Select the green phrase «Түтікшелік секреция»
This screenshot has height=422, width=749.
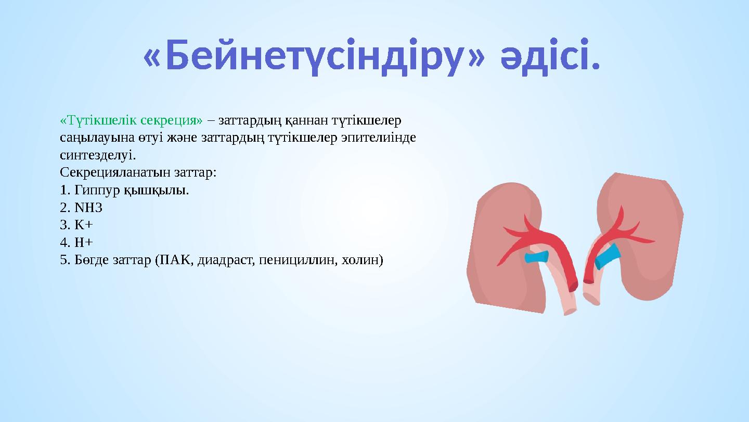point(131,121)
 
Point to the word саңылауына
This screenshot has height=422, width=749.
point(97,138)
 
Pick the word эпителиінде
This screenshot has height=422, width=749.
point(378,138)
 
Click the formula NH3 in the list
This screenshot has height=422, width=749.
point(88,207)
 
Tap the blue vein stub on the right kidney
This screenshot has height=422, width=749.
point(607,256)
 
